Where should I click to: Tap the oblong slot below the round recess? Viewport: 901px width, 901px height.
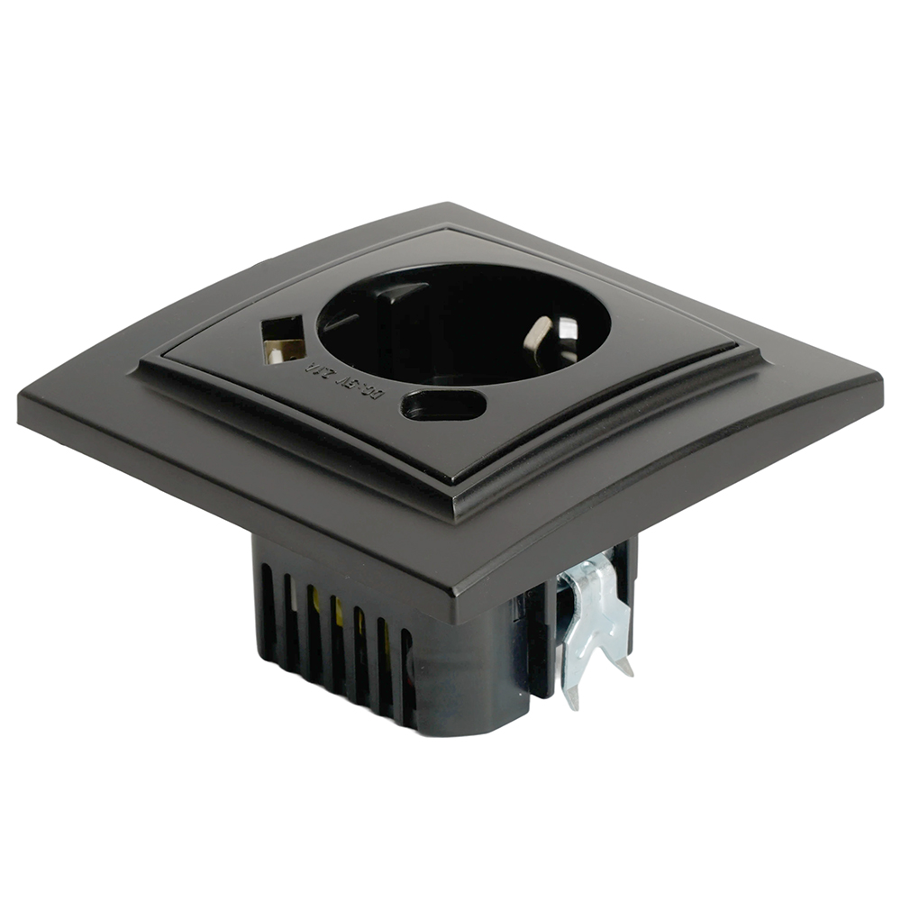443,405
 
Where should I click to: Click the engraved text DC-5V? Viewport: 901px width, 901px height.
374,394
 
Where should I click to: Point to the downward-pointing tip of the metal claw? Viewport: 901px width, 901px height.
570,698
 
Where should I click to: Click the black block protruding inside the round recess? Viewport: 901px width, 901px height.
396,302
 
